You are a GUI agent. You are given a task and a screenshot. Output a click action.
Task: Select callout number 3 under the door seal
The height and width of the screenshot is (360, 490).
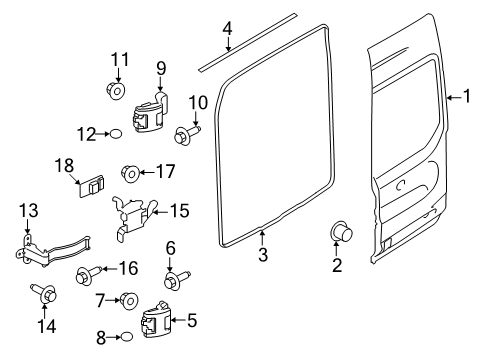click(263, 256)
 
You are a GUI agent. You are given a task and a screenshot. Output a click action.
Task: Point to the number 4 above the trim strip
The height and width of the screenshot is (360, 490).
click(228, 27)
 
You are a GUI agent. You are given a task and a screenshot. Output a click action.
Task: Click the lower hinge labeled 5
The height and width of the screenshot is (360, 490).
click(159, 320)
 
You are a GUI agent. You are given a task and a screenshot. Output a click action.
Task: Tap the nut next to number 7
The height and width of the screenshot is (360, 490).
click(129, 299)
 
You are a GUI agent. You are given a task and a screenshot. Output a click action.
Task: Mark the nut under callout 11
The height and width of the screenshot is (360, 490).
click(114, 93)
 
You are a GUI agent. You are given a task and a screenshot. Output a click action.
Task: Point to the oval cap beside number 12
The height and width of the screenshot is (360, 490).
click(117, 132)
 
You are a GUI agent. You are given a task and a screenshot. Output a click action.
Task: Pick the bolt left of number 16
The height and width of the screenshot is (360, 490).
click(87, 273)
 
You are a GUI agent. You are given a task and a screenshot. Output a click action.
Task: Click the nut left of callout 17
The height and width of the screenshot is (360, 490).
click(130, 172)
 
